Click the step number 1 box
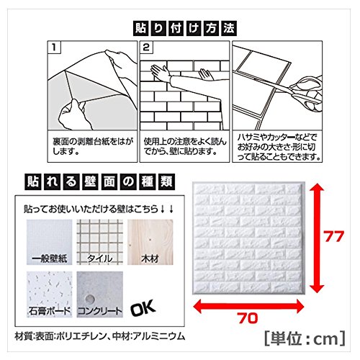54,48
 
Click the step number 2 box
146,48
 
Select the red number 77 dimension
334,236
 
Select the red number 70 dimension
248,318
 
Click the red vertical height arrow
316,238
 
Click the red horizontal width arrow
248,306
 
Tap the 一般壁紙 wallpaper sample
50,242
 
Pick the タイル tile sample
100,242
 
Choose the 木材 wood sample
150,242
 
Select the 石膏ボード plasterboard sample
50,294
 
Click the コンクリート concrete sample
100,294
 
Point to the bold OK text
143,308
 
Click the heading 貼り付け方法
185,28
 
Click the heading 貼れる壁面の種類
99,182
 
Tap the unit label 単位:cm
305,338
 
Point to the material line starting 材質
100,336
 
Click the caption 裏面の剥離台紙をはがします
93,146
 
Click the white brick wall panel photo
248,238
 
